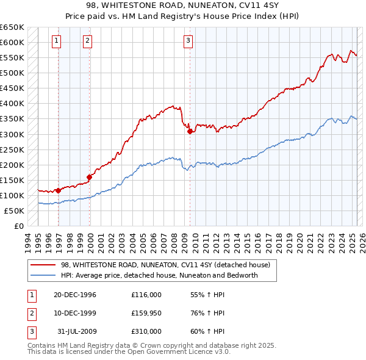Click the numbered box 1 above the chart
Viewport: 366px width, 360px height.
point(56,41)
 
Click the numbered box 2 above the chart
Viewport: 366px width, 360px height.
point(88,41)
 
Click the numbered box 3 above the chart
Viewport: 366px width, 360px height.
point(188,41)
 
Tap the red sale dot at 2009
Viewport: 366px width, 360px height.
point(190,131)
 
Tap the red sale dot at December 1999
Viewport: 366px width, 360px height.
point(90,177)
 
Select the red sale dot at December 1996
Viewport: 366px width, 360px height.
point(59,190)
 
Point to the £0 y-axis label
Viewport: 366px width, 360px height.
point(18,226)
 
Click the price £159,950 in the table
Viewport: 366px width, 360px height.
point(147,313)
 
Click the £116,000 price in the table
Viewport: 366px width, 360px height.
point(146,295)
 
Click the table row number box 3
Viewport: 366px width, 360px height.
point(30,331)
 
